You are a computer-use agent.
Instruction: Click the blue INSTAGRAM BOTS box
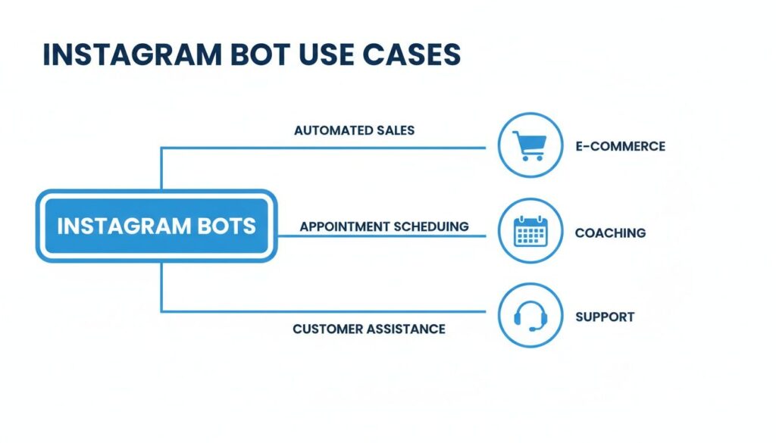157,226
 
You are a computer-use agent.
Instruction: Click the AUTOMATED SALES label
354,130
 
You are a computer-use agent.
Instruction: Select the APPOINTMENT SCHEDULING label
383,226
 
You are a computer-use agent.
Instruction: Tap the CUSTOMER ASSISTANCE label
368,329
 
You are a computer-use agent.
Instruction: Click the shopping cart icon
529,145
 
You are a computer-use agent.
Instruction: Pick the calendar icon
529,232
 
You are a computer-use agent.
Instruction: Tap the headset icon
529,315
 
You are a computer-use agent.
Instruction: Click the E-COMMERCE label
620,146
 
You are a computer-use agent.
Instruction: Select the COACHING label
610,232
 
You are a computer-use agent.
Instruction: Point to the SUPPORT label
605,317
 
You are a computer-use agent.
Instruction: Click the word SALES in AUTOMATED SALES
396,130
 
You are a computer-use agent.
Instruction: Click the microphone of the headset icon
533,328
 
